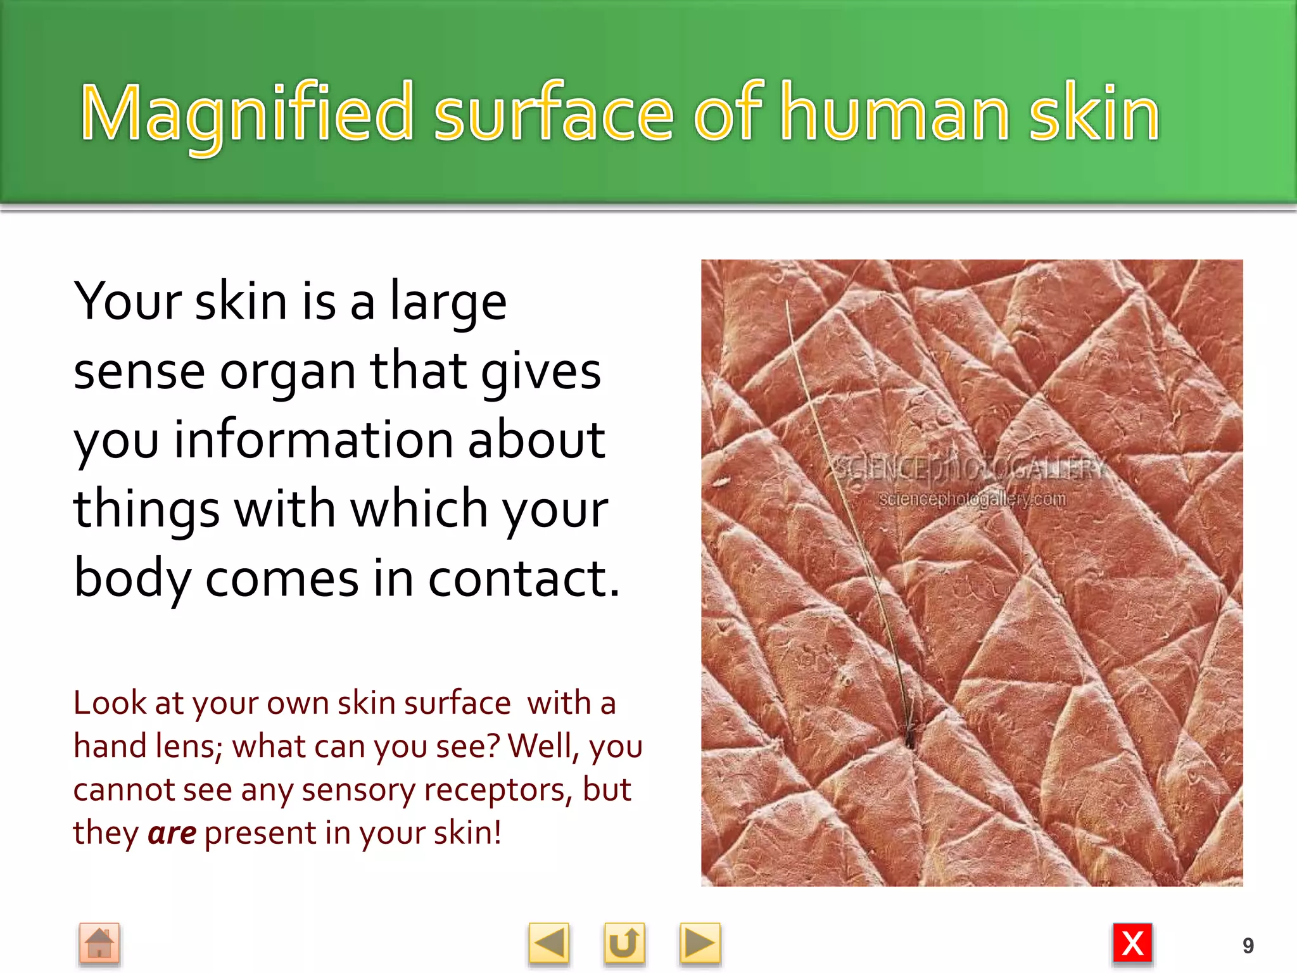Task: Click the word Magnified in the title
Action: (247, 114)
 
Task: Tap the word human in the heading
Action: (895, 114)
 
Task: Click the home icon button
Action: (99, 944)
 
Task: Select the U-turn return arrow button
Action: (624, 944)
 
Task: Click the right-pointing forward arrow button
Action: (699, 944)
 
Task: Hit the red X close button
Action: (1132, 944)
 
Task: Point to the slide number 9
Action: (1248, 946)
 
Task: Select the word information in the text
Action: (313, 440)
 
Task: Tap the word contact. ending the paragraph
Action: (524, 578)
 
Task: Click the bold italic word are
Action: (172, 832)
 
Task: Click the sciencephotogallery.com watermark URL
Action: (972, 499)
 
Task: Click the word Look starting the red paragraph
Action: (109, 703)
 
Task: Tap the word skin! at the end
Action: (467, 832)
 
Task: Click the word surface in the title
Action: (553, 114)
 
